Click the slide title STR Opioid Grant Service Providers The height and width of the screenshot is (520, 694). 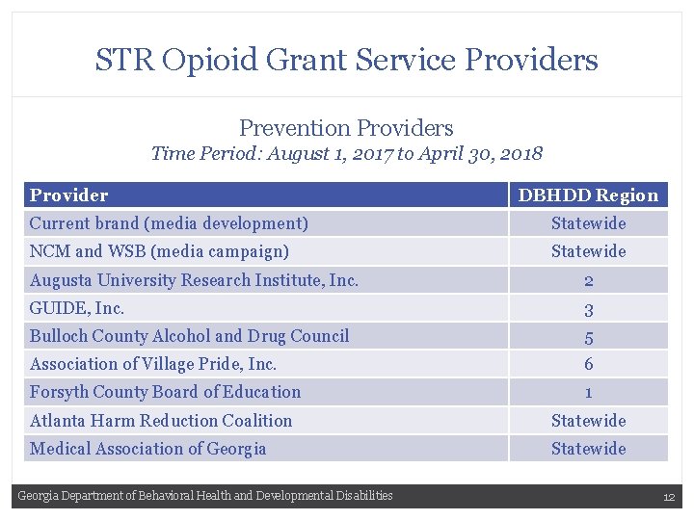[346, 60]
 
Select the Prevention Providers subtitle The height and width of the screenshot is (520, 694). [346, 127]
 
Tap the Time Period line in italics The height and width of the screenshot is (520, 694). [346, 153]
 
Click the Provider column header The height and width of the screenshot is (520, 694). [68, 195]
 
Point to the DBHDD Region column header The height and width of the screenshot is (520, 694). [588, 195]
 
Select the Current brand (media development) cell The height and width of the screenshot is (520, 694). [169, 223]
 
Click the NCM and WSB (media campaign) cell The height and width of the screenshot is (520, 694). [159, 251]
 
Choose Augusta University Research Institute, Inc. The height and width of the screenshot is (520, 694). [194, 280]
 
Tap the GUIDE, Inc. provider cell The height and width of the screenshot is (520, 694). [77, 308]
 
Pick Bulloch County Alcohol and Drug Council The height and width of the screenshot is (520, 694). [189, 336]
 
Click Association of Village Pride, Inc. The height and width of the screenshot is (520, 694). [153, 364]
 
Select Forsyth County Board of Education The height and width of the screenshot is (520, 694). [165, 392]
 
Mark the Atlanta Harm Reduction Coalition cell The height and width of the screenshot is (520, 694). [161, 421]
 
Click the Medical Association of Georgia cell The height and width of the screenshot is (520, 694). [147, 449]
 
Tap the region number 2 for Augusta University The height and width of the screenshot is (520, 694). [588, 281]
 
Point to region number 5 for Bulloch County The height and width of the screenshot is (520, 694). [588, 337]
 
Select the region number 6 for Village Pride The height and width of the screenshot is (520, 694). [588, 365]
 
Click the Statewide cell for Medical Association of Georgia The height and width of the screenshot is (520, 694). [588, 449]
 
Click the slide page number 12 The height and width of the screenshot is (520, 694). [668, 497]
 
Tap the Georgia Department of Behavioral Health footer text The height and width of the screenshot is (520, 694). [205, 496]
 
